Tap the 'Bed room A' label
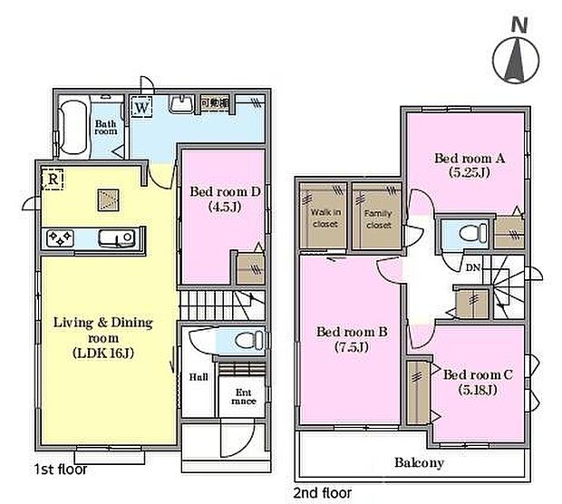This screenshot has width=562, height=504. click(x=468, y=157)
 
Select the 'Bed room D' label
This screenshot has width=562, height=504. click(x=226, y=191)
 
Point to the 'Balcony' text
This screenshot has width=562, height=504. click(x=418, y=463)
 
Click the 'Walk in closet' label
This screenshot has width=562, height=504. click(x=325, y=218)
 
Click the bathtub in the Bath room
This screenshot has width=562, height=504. click(x=72, y=130)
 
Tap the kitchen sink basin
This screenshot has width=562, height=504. click(x=114, y=239)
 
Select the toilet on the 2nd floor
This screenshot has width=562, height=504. click(x=468, y=233)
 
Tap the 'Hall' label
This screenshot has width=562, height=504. click(x=199, y=377)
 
